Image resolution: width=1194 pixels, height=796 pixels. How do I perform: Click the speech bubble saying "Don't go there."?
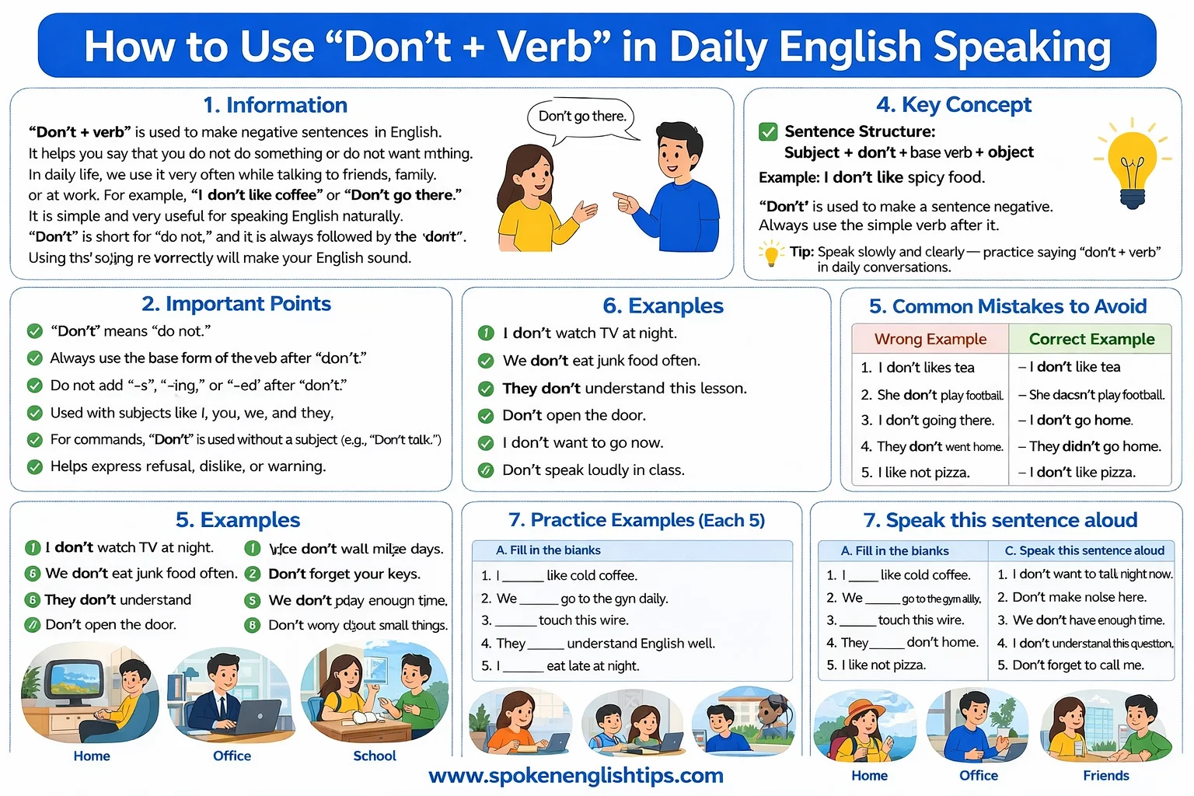tap(582, 117)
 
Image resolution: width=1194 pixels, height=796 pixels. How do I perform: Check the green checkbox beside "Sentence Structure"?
tap(768, 131)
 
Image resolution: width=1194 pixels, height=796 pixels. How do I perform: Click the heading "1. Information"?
tap(275, 105)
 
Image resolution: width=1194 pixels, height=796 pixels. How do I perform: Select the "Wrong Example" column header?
tap(930, 339)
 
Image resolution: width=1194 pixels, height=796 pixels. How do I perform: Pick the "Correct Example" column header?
tap(1091, 339)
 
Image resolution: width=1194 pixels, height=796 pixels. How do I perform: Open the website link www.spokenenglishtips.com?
tap(576, 775)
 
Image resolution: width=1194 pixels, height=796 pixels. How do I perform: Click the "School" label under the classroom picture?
tap(375, 756)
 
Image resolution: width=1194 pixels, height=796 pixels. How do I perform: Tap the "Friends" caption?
tap(1105, 775)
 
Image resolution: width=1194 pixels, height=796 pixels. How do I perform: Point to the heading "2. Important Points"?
tap(236, 303)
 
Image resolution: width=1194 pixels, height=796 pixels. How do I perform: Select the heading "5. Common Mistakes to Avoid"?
tap(1007, 306)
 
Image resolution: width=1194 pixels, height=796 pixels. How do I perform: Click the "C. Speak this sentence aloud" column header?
tap(1084, 550)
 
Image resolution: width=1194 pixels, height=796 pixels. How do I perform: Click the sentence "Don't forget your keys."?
tap(344, 574)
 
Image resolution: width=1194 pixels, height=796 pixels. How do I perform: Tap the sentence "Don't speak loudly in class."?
tap(593, 470)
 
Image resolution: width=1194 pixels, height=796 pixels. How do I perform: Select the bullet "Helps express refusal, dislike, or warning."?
tap(188, 466)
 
